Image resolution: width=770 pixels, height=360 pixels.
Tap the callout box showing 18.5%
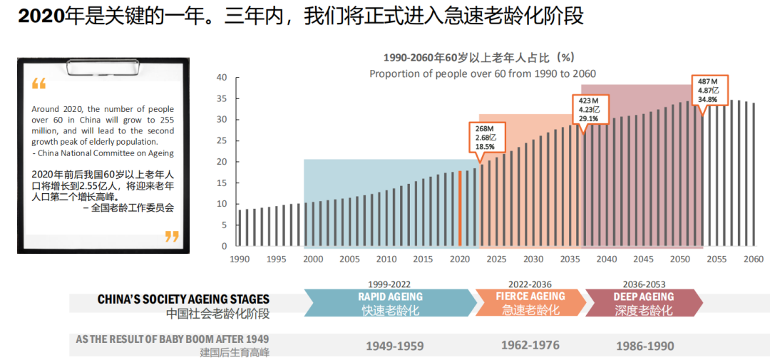click(485, 136)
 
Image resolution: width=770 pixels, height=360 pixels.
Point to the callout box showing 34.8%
click(709, 90)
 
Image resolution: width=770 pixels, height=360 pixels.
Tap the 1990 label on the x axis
click(240, 259)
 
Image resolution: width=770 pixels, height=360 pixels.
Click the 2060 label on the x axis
click(753, 259)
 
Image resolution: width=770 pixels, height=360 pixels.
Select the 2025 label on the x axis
click(496, 259)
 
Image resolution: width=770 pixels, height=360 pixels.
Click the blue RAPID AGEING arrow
click(390, 303)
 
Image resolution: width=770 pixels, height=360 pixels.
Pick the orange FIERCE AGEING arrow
click(530, 303)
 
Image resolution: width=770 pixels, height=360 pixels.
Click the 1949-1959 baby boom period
click(394, 346)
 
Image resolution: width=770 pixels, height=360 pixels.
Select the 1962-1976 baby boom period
click(530, 345)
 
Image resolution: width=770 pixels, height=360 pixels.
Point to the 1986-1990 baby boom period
click(644, 346)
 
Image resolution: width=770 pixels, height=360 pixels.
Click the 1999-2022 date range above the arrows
click(390, 284)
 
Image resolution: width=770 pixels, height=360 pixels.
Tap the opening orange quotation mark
click(38, 84)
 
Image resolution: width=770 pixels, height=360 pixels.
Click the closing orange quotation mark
click(172, 236)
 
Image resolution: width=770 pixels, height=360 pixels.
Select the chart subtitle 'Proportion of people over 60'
click(482, 73)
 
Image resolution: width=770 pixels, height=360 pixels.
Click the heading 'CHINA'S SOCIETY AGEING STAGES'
click(183, 299)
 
